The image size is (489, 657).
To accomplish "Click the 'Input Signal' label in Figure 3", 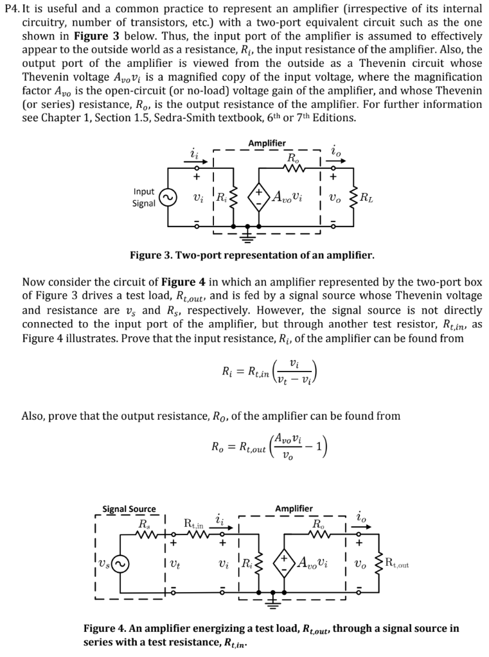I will (143, 198).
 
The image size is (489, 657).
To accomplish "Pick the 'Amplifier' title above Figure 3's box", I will (266, 143).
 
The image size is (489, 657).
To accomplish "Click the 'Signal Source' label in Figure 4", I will (129, 509).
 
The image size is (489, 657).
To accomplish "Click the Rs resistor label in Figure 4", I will (143, 523).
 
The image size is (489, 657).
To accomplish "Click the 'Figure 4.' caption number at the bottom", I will (105, 628).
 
